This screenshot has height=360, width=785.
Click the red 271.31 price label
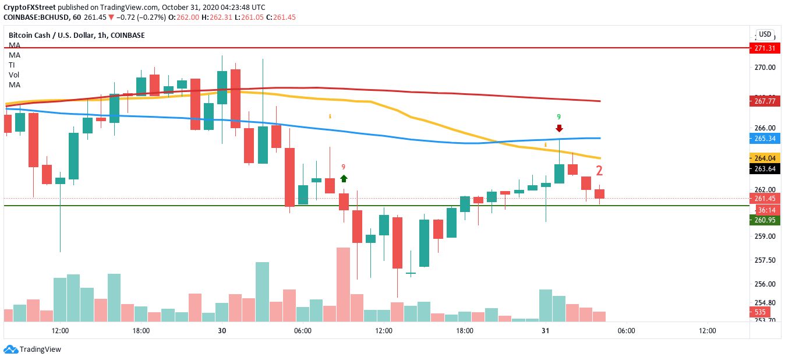pyautogui.click(x=764, y=48)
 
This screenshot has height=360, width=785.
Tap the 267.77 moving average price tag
pyautogui.click(x=764, y=101)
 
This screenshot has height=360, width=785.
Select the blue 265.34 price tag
pyautogui.click(x=764, y=139)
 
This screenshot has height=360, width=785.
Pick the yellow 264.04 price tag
pyautogui.click(x=764, y=158)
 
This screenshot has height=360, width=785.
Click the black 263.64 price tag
pyautogui.click(x=764, y=169)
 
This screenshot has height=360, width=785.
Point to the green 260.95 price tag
pyautogui.click(x=764, y=220)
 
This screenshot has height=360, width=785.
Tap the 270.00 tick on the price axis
pyautogui.click(x=764, y=68)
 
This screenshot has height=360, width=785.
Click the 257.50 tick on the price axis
pyautogui.click(x=764, y=260)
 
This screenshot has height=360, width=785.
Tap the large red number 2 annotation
pyautogui.click(x=599, y=171)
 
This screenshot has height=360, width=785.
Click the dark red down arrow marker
pyautogui.click(x=559, y=128)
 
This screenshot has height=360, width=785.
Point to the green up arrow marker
pyautogui.click(x=344, y=178)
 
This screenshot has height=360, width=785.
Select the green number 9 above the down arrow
pyautogui.click(x=558, y=117)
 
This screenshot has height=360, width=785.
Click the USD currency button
pyautogui.click(x=765, y=34)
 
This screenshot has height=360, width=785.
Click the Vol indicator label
pyautogui.click(x=14, y=75)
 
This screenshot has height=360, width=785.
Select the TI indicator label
pyautogui.click(x=12, y=65)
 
